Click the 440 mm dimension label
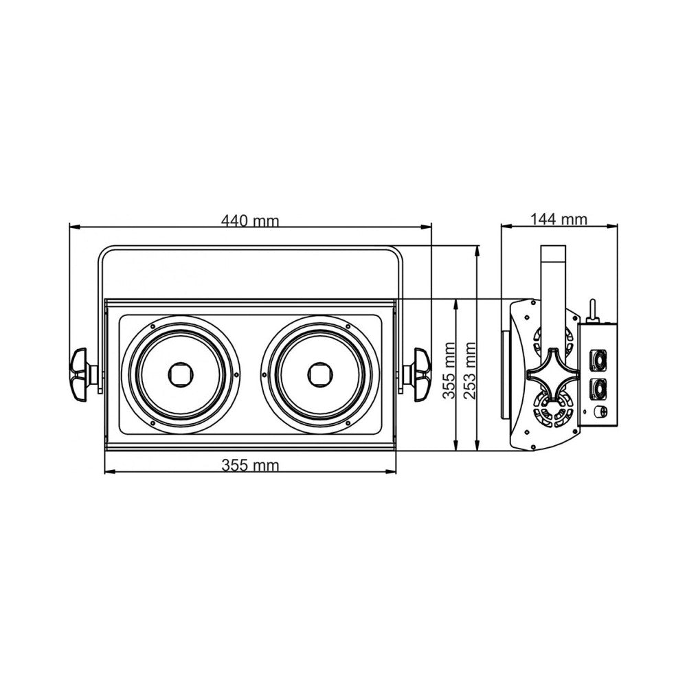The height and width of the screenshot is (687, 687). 250,221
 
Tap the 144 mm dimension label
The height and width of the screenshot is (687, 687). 559,218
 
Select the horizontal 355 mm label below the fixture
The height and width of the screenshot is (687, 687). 250,464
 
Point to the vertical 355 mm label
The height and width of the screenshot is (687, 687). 449,371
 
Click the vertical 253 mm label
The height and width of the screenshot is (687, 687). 470,371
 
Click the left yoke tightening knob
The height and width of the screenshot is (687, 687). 82,374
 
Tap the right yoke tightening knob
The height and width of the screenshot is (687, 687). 419,374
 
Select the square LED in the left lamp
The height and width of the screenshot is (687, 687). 179,374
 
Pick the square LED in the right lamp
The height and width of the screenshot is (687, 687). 318,374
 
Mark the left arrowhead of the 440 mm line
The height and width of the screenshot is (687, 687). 74,227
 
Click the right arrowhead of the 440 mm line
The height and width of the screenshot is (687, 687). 427,227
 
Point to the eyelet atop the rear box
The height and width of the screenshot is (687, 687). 592,311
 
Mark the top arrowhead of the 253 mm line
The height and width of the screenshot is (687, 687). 477,251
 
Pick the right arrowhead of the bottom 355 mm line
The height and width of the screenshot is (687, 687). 392,472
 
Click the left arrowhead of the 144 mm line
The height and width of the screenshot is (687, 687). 506,226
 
